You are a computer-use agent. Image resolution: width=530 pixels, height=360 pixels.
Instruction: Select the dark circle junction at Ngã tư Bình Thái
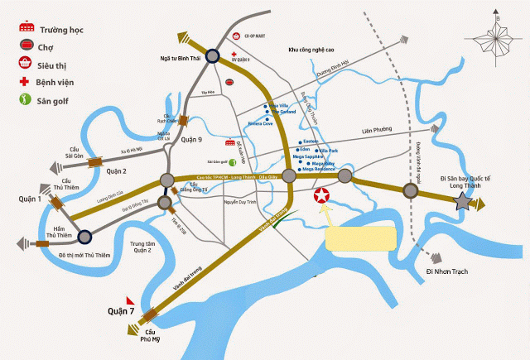(x=212, y=56)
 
